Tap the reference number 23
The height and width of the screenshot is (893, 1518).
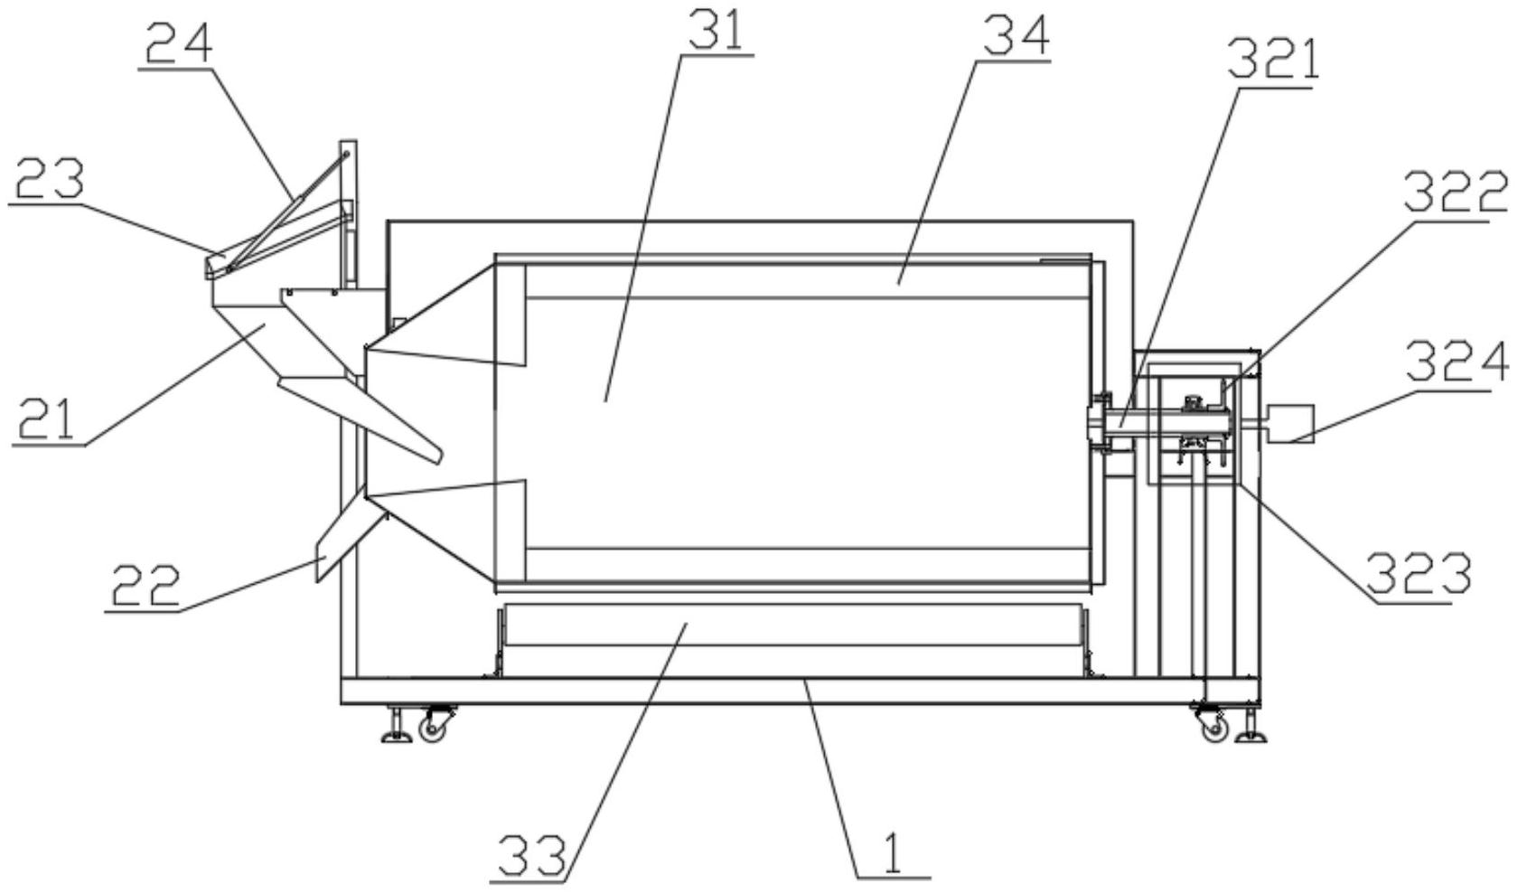coord(49,178)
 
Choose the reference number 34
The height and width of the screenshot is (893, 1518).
coord(1016,36)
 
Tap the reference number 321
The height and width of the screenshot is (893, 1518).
coord(1274,61)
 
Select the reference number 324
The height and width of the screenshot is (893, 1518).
coord(1457,362)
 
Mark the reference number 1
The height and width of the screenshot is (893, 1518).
coord(893,852)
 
